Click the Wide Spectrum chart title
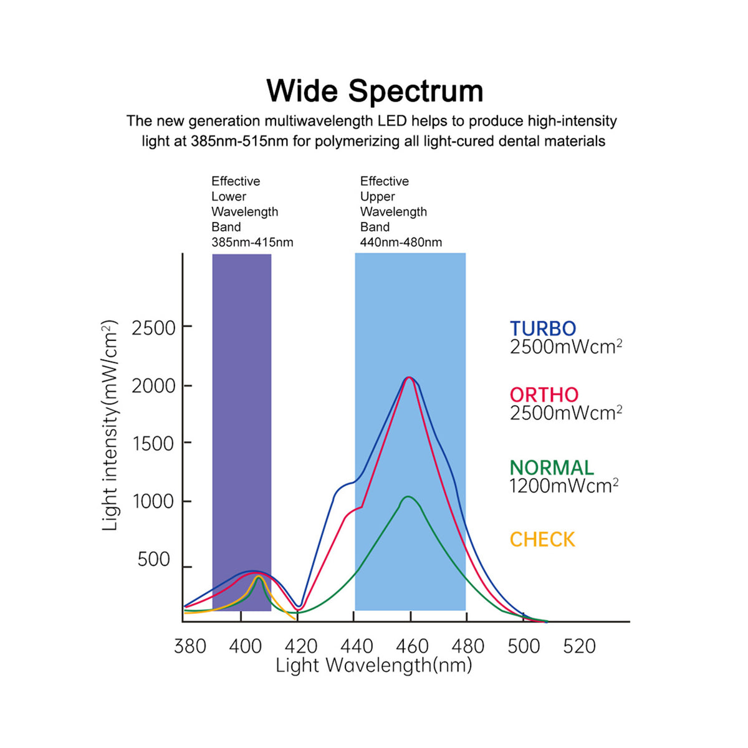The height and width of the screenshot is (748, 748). click(x=375, y=91)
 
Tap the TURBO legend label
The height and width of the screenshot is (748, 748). click(x=543, y=328)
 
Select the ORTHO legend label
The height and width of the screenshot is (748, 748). click(x=544, y=395)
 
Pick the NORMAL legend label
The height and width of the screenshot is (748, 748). click(x=552, y=467)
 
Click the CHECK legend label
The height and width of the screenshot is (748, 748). click(x=542, y=540)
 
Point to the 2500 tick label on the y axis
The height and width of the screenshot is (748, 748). click(x=154, y=328)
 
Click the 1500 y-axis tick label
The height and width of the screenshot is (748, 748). click(x=153, y=444)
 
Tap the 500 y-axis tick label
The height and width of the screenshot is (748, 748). click(x=154, y=559)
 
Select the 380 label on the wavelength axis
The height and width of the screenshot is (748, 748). click(x=190, y=646)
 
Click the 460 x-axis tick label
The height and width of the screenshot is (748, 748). click(x=412, y=646)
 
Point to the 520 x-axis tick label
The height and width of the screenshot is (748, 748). click(x=579, y=646)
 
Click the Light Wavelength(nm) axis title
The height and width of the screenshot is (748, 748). click(x=374, y=665)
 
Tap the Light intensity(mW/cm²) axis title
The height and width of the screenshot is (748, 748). click(x=110, y=426)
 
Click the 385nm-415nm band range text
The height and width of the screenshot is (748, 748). click(x=252, y=242)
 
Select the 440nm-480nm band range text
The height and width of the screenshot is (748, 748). click(x=401, y=242)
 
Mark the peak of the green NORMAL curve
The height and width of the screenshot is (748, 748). click(x=408, y=496)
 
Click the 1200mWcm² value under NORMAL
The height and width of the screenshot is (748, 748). click(x=563, y=486)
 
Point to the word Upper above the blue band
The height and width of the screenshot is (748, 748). click(x=377, y=197)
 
